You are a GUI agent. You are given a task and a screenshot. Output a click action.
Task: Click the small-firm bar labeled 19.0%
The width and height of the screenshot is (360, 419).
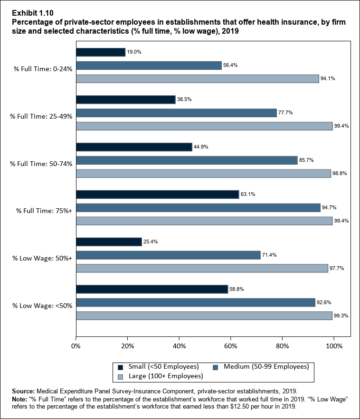coord(100,52)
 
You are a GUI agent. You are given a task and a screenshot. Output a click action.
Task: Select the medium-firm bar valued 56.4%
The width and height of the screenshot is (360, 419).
coord(149,65)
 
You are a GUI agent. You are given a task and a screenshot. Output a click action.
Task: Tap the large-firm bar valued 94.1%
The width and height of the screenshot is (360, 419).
coord(197,79)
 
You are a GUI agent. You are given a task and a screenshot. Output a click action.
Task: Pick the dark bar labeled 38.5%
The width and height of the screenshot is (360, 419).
coord(125,100)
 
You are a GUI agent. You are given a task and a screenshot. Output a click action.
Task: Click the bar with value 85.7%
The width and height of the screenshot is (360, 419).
coord(187,160)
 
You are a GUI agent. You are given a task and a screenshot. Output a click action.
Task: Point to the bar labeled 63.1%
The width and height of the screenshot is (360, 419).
coord(157,194)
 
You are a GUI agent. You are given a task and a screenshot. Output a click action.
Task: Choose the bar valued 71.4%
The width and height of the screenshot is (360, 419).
coord(168,255)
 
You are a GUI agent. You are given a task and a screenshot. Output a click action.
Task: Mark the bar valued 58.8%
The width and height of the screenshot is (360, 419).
coord(152,289)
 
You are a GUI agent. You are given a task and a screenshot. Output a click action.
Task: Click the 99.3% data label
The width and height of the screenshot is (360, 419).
coord(341,316)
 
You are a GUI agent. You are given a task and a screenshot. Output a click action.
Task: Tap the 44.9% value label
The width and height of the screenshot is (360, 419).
coord(200,147)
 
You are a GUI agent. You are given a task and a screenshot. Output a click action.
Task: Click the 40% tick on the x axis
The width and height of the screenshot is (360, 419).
coord(179,346)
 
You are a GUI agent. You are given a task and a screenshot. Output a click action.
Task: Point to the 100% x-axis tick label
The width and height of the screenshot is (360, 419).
coord(334,346)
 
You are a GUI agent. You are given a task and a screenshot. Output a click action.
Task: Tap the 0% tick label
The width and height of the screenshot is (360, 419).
coord(76,346)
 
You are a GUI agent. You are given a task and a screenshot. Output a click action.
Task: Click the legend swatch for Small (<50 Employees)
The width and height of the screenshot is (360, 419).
coord(120,367)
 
